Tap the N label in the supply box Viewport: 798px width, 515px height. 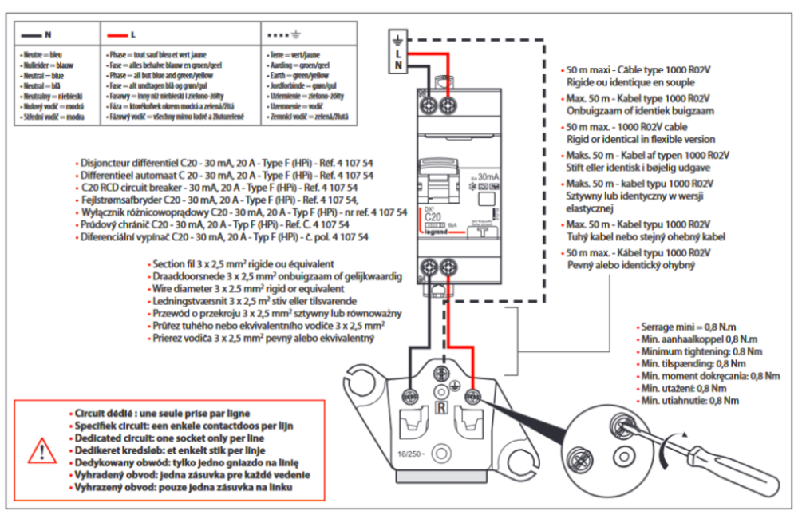click(x=399, y=65)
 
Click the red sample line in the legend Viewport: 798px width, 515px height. click(x=117, y=35)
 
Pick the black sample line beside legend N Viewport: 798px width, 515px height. click(x=31, y=35)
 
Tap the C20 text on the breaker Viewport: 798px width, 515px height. click(x=433, y=216)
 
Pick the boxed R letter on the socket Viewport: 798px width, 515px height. click(x=440, y=409)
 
